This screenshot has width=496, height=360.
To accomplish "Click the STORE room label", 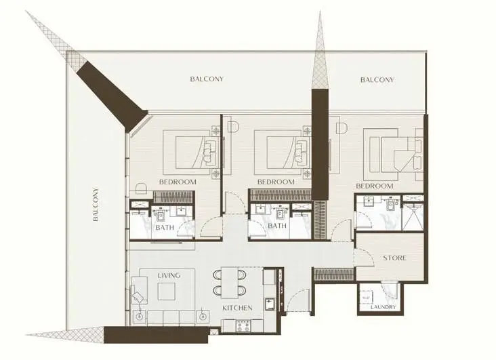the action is pos(394,258).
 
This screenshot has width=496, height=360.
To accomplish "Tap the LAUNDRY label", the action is pos(383,307).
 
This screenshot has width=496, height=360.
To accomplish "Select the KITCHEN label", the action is pos(237,308).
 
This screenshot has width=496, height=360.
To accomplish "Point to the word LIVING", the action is pos(169,275).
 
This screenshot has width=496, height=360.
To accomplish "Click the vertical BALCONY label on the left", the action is pos(96,205).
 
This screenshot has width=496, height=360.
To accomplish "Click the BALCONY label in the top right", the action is pos(377,80).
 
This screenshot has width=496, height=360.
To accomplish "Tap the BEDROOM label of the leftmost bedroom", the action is pos(178,182).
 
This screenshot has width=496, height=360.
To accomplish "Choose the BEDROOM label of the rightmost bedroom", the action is pos(375,186).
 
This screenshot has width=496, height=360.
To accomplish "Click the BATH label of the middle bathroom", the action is pos(277,226).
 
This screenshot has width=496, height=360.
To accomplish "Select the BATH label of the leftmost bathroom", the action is pos(165,227).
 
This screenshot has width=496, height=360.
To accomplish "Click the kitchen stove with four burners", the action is pos(243,325).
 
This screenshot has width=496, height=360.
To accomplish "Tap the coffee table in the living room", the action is pos(167,292).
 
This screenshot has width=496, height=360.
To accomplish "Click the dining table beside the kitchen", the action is pos(229,283).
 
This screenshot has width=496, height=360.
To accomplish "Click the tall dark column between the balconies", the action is pos(320,144).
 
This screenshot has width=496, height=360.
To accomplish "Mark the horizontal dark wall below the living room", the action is pos(156,335).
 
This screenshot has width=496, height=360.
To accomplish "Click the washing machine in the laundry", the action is pos(367,298).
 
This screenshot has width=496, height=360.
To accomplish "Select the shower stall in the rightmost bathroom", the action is pos(413,216).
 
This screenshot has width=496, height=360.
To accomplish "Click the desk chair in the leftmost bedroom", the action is pos(142,188).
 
